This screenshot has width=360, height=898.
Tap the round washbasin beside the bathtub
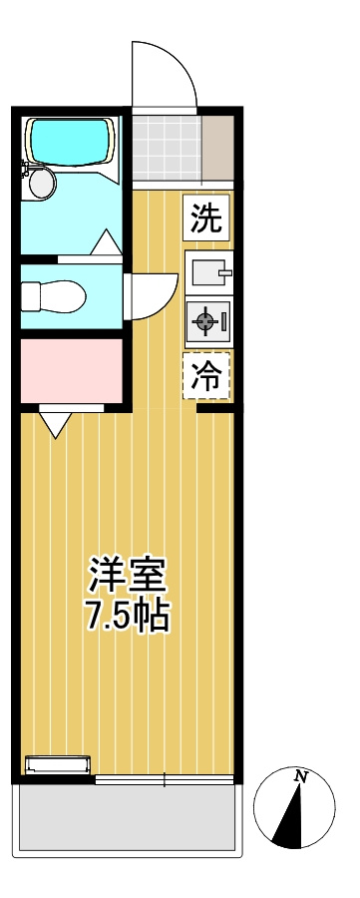click(x=41, y=183)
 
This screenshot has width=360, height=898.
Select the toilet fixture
click(x=55, y=296)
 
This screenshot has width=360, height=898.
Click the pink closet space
click(x=72, y=369)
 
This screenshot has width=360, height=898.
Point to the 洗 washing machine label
click(x=206, y=218)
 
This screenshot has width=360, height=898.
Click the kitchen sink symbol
click(x=207, y=271)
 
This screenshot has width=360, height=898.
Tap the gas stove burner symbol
click(x=206, y=320)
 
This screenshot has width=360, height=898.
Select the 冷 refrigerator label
click(x=206, y=375)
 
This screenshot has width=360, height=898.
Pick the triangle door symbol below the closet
click(x=55, y=423)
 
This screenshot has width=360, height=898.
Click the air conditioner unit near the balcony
click(x=58, y=765)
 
